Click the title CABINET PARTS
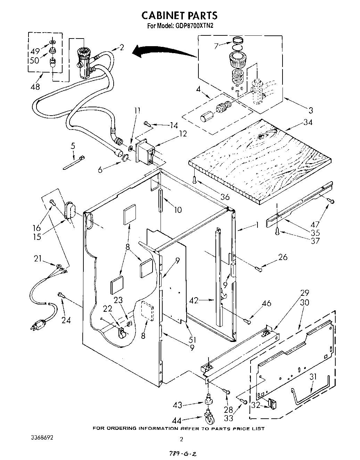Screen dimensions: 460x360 pyautogui.click(x=180, y=15)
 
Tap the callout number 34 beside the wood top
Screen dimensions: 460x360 pyautogui.click(x=308, y=122)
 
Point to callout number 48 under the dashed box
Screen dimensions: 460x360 pyautogui.click(x=35, y=87)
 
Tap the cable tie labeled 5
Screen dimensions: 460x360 pyautogui.click(x=74, y=163)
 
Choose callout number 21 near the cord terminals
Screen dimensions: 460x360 pyautogui.click(x=38, y=258)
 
